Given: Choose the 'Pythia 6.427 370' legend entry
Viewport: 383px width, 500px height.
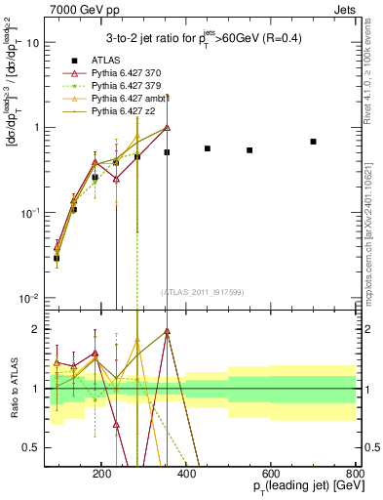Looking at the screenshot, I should click(x=127, y=73).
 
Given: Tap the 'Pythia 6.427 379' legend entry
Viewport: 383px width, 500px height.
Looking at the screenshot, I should click(x=127, y=86).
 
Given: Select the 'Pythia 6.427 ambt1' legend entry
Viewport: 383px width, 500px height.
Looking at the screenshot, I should click(x=131, y=99).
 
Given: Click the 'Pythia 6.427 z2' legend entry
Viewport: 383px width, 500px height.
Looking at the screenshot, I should click(x=124, y=111).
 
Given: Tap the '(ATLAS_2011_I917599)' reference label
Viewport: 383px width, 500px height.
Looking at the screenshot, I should click(x=204, y=292).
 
